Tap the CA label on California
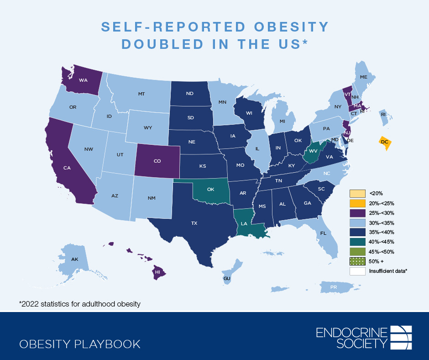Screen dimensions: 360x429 click(67, 168)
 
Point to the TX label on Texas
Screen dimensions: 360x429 click(194, 223)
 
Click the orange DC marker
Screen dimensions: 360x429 click(385, 142)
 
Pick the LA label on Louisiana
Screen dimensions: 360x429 click(244, 223)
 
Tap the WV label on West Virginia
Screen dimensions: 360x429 click(313, 151)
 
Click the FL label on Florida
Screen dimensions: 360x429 click(323, 233)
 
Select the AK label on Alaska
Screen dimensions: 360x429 click(74, 259)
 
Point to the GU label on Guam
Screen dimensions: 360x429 click(227, 278)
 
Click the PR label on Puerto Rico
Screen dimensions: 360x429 click(333, 287)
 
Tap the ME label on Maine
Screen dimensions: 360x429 click(363, 77)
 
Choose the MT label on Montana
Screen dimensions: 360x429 click(141, 94)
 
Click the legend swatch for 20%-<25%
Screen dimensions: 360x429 click(357, 203)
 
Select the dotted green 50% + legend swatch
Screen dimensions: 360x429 click(357, 261)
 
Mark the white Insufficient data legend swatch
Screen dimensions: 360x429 click(357, 271)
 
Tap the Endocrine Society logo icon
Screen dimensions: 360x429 click(402, 337)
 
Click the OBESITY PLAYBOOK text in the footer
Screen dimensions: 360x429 click(80, 344)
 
